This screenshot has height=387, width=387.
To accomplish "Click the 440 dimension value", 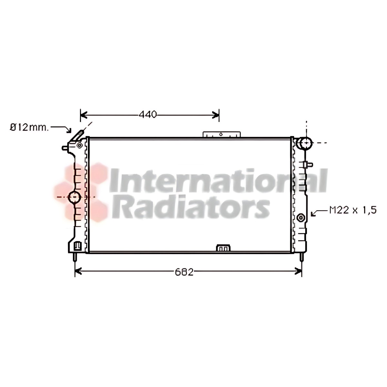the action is click(x=148, y=114).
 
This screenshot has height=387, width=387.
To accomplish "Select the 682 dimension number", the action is click(x=184, y=272).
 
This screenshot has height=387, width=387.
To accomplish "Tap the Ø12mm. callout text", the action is click(x=29, y=128).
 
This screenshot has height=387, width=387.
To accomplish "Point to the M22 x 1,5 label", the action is click(x=353, y=210).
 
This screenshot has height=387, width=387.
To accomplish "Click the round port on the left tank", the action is click(x=74, y=197).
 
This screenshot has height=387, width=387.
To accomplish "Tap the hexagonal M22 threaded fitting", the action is click(x=301, y=217).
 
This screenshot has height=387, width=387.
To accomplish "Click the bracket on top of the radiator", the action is click(x=222, y=134).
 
